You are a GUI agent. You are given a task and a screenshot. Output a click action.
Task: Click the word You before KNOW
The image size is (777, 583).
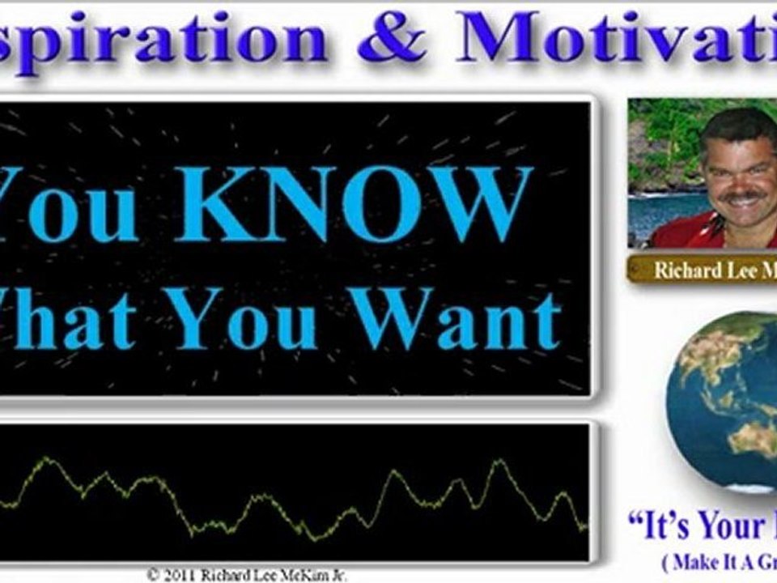(x=69, y=205)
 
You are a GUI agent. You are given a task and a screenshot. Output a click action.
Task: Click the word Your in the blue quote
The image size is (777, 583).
(x=733, y=527)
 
